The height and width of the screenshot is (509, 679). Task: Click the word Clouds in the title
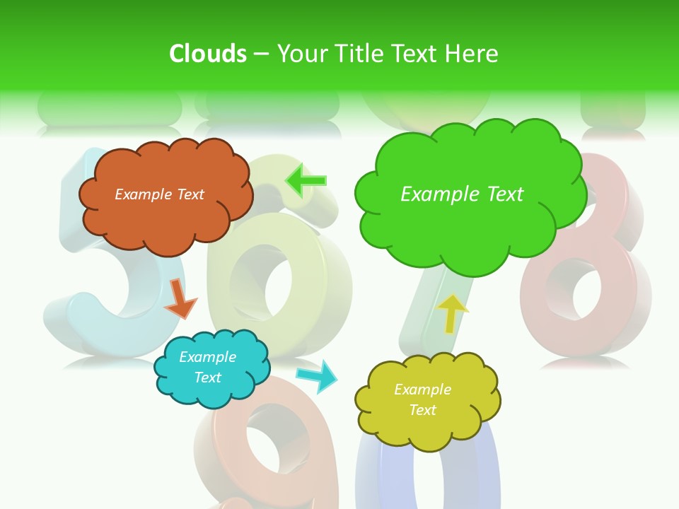(208, 54)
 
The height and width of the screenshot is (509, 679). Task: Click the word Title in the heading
(359, 54)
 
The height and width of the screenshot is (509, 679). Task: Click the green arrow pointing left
(306, 180)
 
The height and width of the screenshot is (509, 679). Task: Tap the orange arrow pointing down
(180, 298)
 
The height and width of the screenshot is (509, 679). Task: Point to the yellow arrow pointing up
(453, 313)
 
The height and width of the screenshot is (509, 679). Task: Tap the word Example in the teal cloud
(207, 357)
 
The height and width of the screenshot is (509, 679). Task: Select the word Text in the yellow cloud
(422, 410)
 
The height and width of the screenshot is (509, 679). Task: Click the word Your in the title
(302, 54)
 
